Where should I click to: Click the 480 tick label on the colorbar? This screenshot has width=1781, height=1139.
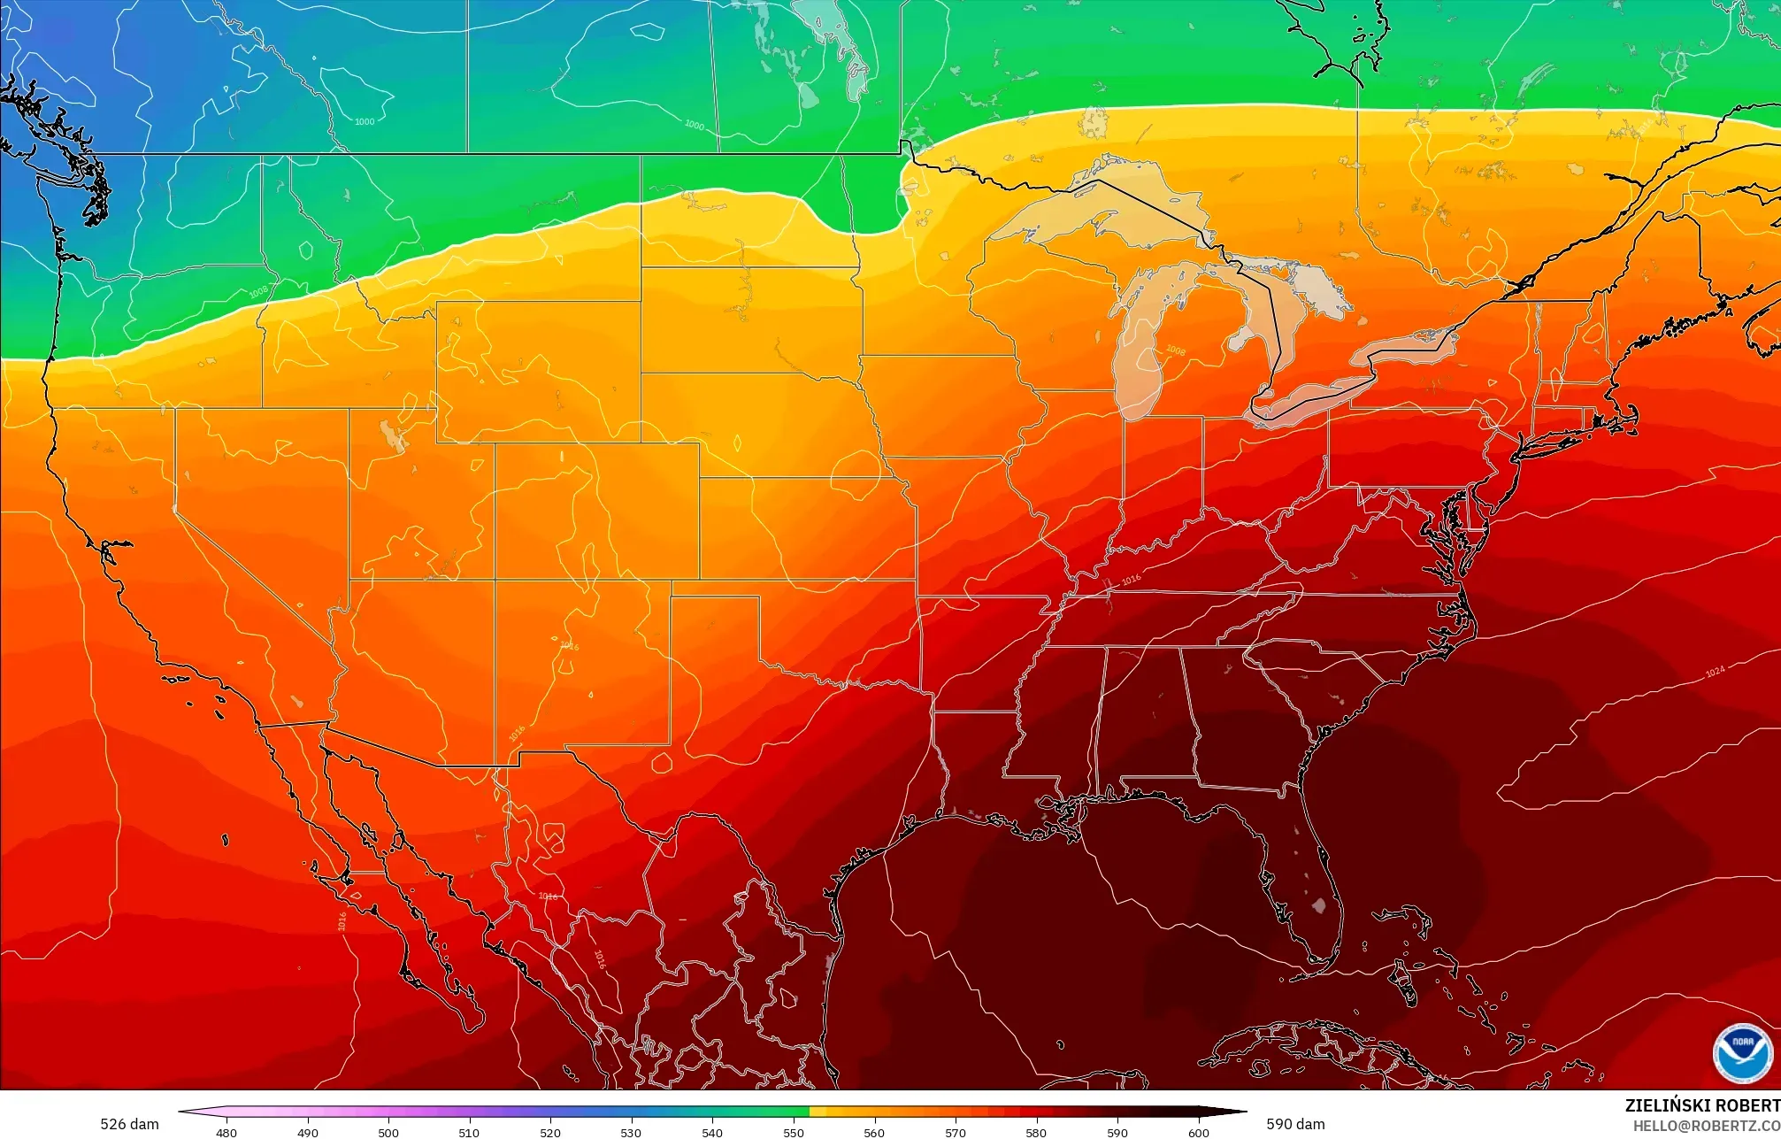coord(226,1132)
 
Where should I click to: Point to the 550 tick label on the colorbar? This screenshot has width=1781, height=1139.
coord(793,1132)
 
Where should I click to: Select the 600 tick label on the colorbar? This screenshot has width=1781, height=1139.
coord(1198,1132)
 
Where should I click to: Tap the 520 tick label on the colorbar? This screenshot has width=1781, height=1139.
coord(550,1132)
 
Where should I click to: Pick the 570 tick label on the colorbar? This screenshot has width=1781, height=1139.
coord(955,1132)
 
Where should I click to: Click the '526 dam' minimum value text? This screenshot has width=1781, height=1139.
coord(129,1124)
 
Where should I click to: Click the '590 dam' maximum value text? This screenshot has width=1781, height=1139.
coord(1295,1124)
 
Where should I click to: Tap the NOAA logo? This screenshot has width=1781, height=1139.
coord(1741,1052)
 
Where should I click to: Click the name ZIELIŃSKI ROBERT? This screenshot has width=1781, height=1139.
coord(1701,1105)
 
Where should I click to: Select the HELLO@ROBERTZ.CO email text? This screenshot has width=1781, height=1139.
coord(1706,1126)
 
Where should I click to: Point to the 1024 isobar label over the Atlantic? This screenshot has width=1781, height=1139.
coord(1715,672)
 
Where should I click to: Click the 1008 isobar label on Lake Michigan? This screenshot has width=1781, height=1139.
coord(1175,350)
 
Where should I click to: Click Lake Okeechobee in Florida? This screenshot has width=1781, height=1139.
coord(1319,905)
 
